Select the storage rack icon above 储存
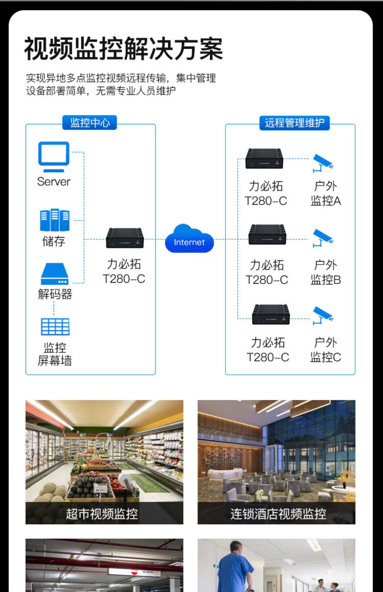(x=55, y=220)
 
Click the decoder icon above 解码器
(x=55, y=274)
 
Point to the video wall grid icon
(x=55, y=327)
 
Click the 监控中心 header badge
(x=90, y=123)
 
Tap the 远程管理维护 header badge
(x=294, y=123)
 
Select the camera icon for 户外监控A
(x=322, y=163)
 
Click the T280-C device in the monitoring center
(x=125, y=238)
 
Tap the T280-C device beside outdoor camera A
(x=264, y=158)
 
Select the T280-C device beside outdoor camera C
(x=271, y=314)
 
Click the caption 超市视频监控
(x=102, y=514)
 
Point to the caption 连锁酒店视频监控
(x=278, y=514)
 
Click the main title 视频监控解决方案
(x=124, y=49)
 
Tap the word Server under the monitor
(x=54, y=182)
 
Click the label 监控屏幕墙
(x=55, y=354)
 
